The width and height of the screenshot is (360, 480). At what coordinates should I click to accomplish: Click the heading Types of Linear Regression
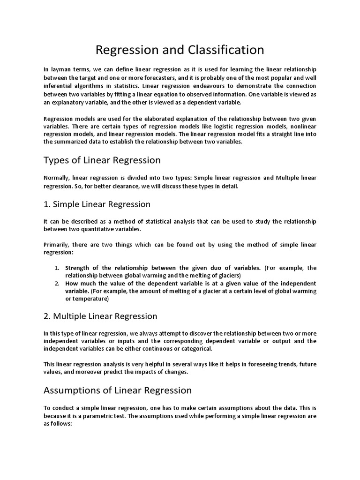click(x=102, y=160)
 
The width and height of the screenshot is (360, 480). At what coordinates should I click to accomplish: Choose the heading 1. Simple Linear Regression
click(x=97, y=204)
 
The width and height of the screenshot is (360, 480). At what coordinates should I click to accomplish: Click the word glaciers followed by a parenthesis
click(x=227, y=275)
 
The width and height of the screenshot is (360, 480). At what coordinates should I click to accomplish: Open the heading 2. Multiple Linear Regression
click(x=100, y=316)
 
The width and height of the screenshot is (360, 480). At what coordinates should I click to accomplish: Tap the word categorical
click(x=193, y=349)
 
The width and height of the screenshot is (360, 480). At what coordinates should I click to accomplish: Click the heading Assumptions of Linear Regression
click(x=118, y=390)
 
